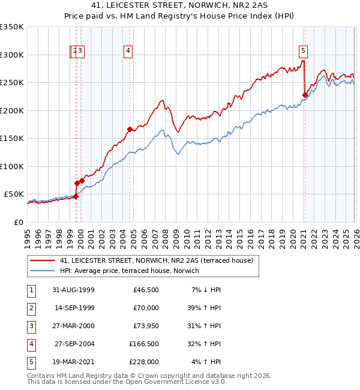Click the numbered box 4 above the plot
128,52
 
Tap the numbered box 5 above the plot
304,52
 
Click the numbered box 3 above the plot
80,52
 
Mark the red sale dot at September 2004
130,129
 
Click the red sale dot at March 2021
305,95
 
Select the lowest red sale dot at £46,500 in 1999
76,196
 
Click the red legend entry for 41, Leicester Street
157,260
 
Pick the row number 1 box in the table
30,290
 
